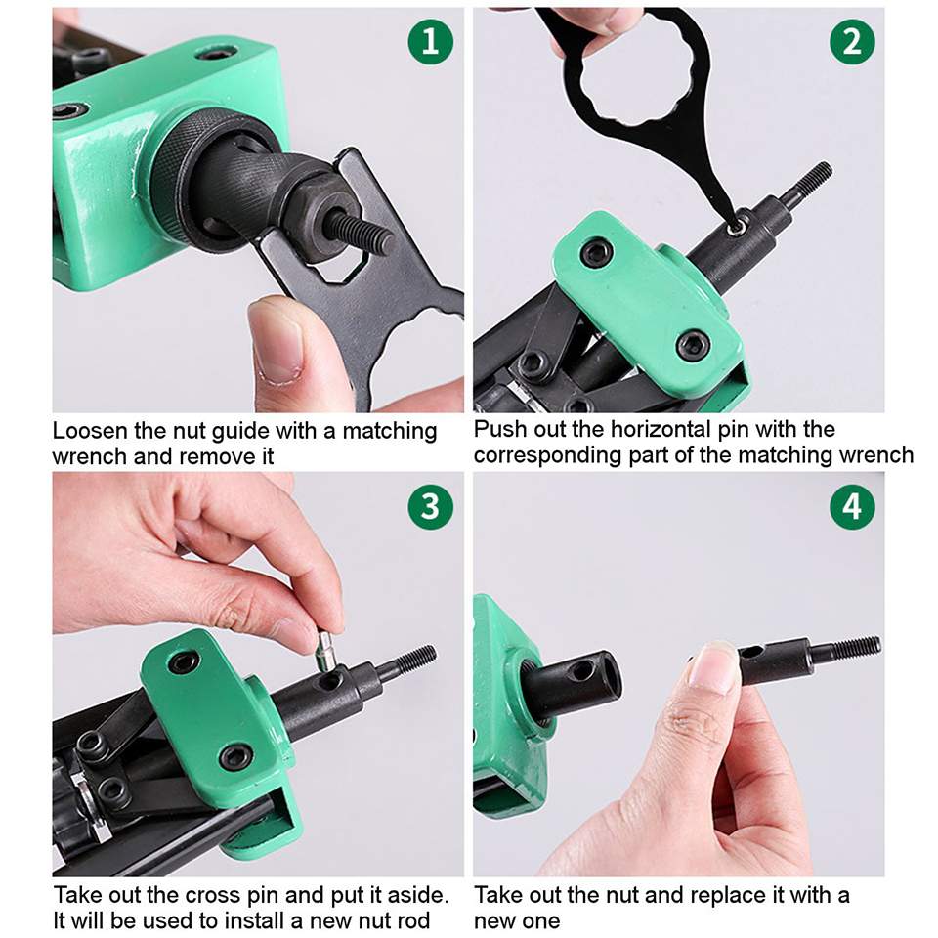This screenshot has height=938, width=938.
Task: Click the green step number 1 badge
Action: click(430, 41)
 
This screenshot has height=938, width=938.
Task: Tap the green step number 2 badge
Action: click(852, 41)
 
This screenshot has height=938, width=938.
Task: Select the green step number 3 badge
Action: click(430, 506)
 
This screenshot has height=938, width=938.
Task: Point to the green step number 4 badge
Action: click(852, 506)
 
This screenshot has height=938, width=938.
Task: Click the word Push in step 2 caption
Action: click(500, 430)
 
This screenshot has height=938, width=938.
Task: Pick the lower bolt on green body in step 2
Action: click(694, 343)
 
